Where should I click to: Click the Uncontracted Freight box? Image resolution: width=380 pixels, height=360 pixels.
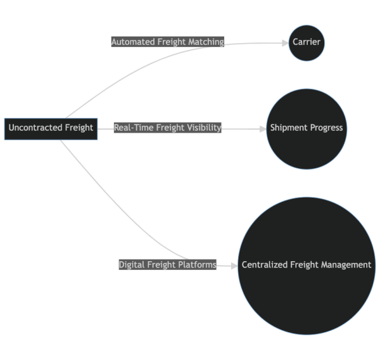(x=51, y=127)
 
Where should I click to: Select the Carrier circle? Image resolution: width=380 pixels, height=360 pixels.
(x=307, y=42)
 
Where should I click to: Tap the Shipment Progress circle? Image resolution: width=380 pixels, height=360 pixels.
(x=307, y=128)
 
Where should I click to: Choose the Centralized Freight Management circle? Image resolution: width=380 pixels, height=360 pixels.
(x=307, y=266)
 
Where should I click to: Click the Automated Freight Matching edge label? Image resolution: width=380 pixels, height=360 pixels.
(x=168, y=42)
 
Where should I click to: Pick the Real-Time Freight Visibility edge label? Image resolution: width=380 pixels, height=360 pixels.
(x=168, y=127)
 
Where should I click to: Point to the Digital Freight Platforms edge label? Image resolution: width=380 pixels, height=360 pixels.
(x=168, y=265)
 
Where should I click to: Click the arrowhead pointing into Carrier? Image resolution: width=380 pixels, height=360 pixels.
(x=284, y=42)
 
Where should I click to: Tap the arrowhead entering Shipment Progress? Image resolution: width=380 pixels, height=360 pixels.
(x=263, y=128)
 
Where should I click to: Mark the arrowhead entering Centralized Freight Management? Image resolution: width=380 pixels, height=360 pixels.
(x=234, y=265)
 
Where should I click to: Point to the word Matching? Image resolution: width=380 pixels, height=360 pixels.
(x=206, y=42)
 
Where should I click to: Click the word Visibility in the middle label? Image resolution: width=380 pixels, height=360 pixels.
(x=203, y=127)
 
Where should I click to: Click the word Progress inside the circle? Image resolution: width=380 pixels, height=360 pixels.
(x=327, y=128)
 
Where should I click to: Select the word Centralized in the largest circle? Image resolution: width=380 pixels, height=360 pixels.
(x=265, y=265)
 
